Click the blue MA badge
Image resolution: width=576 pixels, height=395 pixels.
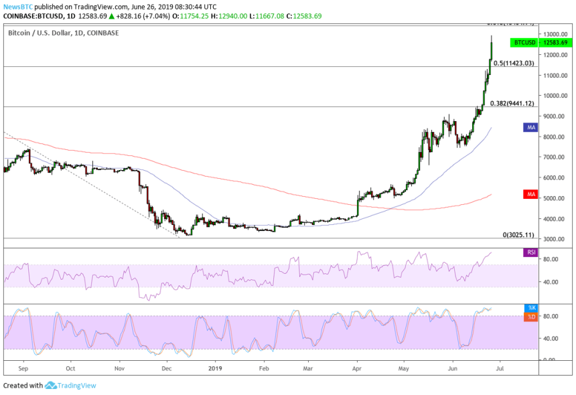tap(530, 126)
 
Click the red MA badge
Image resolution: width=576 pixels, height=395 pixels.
tap(530, 194)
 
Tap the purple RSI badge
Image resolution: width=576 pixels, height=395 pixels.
tap(530, 252)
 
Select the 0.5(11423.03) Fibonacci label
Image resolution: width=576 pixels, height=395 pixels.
tap(514, 63)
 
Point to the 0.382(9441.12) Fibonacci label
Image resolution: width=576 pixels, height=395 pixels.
tap(512, 103)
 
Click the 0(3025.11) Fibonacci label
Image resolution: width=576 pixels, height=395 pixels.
tap(518, 236)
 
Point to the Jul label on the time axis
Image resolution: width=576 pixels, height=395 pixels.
tap(500, 368)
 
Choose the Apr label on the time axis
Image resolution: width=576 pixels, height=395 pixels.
tap(357, 368)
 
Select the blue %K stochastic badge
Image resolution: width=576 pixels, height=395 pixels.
tap(530, 308)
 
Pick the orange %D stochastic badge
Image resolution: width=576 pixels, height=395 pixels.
tap(530, 316)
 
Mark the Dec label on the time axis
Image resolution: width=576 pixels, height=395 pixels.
tap(167, 368)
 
